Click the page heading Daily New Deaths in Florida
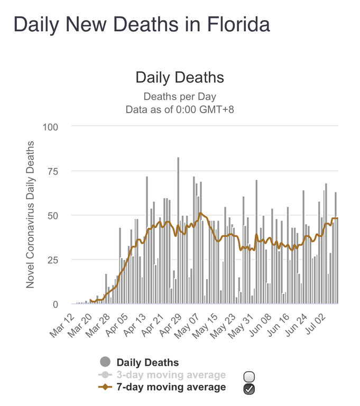pos(141,25)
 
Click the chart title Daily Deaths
pos(180,78)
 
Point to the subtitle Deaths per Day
pos(180,97)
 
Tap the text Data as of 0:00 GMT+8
pos(180,110)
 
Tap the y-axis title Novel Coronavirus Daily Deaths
pos(30,215)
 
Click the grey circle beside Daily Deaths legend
pos(105,363)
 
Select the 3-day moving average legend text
pos(171,375)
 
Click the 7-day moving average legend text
pos(171,387)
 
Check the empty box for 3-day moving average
pos(250,376)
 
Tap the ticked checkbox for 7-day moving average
pos(250,389)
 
